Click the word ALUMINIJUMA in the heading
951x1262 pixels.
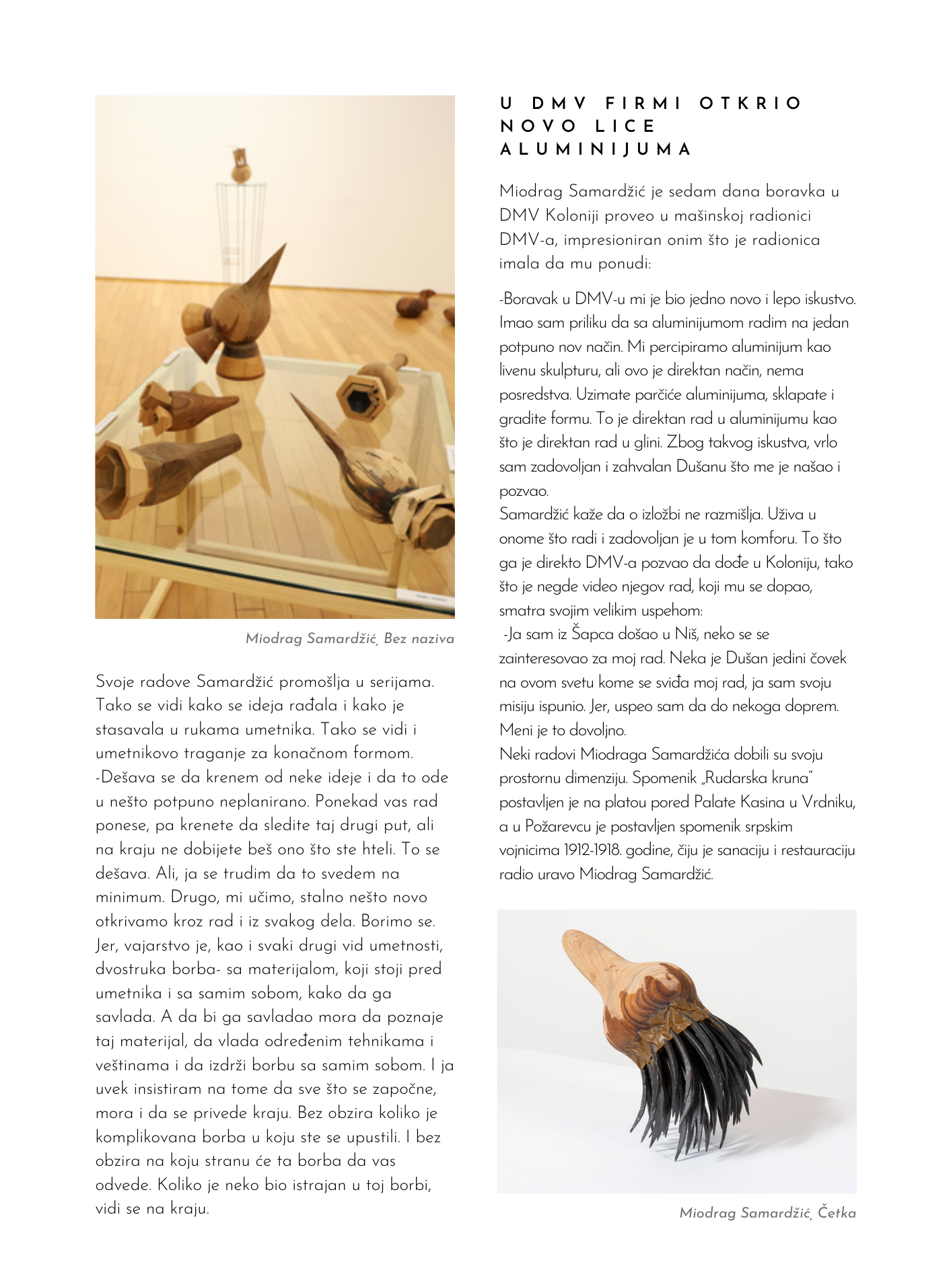(596, 149)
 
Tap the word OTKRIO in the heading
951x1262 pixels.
(750, 104)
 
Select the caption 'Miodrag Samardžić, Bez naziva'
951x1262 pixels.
(349, 638)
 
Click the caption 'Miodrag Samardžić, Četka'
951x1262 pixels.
(767, 1213)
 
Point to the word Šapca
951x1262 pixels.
(590, 634)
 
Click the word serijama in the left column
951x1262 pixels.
(400, 681)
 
